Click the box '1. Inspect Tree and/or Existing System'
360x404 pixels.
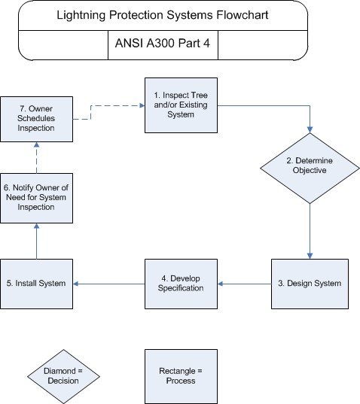[181, 105]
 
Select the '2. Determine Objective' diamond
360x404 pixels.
[310, 169]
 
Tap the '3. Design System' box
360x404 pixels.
[310, 284]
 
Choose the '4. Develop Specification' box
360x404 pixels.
[181, 284]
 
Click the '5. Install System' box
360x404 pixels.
[36, 284]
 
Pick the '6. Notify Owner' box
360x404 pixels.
[36, 198]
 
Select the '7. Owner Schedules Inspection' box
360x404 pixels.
[36, 119]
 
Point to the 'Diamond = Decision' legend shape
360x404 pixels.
[63, 376]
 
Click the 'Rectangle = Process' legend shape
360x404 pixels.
[181, 376]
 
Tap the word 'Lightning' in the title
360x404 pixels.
[81, 15]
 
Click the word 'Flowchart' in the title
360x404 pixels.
[243, 15]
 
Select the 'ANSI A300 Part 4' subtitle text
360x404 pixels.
[163, 43]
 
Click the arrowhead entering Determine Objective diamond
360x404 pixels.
[310, 129]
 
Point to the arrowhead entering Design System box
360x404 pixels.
[310, 256]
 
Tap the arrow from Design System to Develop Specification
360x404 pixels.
[245, 284]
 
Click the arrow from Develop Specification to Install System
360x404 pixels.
[108, 284]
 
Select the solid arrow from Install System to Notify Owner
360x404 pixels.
[37, 241]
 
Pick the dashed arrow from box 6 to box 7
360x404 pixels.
[37, 157]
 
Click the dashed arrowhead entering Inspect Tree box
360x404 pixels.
[142, 105]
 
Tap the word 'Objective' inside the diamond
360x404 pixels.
[310, 170]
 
